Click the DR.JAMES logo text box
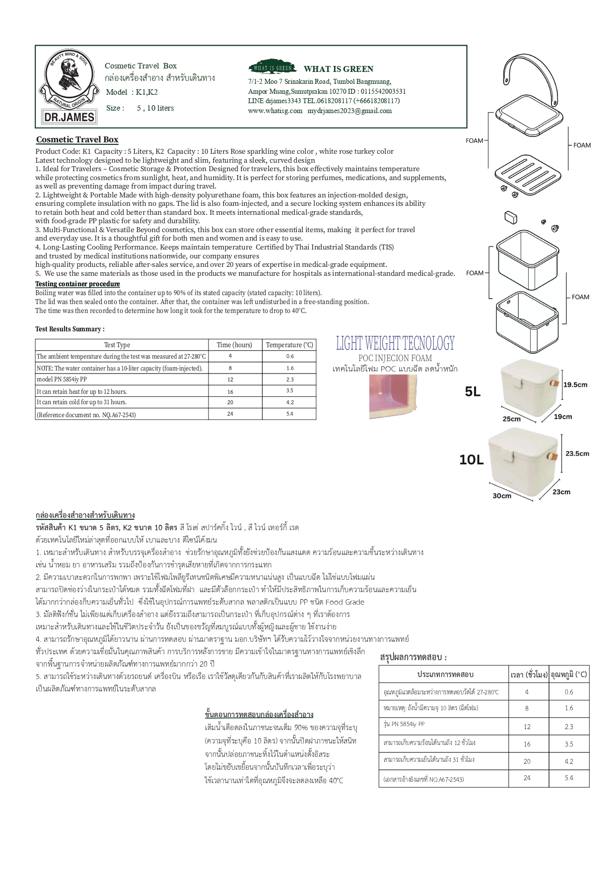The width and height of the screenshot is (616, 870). click(x=69, y=117)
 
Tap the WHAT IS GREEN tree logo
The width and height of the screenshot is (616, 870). click(x=272, y=68)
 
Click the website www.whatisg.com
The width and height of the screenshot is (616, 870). click(x=275, y=111)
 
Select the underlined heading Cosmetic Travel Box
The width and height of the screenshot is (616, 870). click(x=77, y=139)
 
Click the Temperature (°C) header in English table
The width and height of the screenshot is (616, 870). click(x=289, y=345)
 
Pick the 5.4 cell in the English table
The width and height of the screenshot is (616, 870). click(x=289, y=414)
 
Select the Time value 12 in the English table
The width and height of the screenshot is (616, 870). click(x=230, y=379)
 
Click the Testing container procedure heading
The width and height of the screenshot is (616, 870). click(x=77, y=284)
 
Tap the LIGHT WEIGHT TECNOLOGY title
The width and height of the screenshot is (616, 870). click(x=395, y=343)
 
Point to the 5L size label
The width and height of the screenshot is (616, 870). click(x=473, y=392)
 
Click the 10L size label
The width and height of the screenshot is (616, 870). click(x=471, y=460)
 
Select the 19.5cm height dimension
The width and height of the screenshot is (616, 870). click(x=575, y=384)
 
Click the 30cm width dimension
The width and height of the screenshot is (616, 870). click(x=502, y=496)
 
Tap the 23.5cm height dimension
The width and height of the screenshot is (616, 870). click(x=577, y=453)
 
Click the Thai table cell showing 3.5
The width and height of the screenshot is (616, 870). click(x=568, y=744)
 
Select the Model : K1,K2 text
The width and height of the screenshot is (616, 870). click(x=132, y=92)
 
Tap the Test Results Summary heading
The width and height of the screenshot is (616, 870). click(x=70, y=329)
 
